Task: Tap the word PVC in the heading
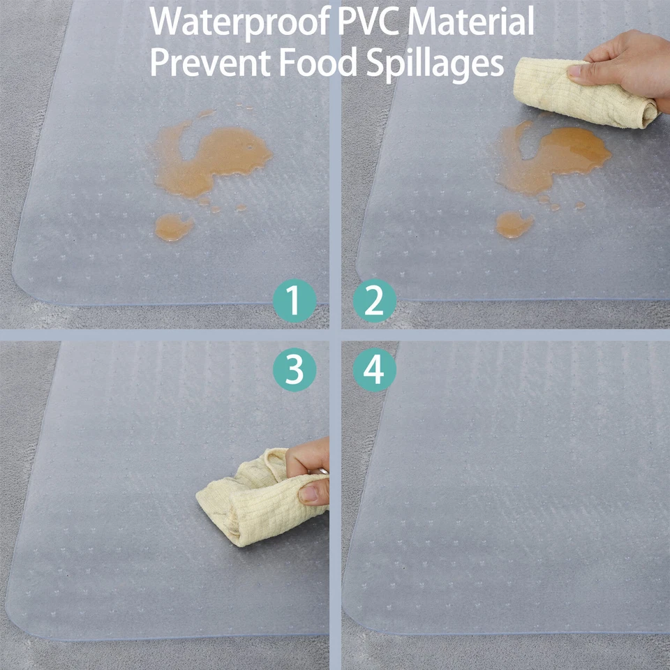[x=369, y=22]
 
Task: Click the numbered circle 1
[x=295, y=301]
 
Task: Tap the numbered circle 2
[x=375, y=301]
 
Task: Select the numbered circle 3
[x=295, y=370]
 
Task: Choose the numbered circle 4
[x=375, y=370]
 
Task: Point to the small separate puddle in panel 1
[x=173, y=227]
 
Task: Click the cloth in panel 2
[x=579, y=94]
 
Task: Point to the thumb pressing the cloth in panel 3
[x=314, y=493]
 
